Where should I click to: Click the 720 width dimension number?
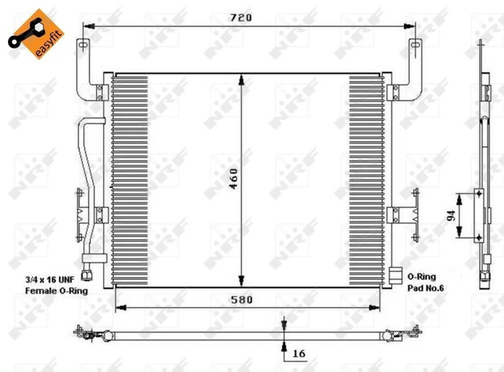tap(241, 18)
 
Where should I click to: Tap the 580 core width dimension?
tap(241, 300)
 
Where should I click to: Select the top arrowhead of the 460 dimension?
tap(241, 77)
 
